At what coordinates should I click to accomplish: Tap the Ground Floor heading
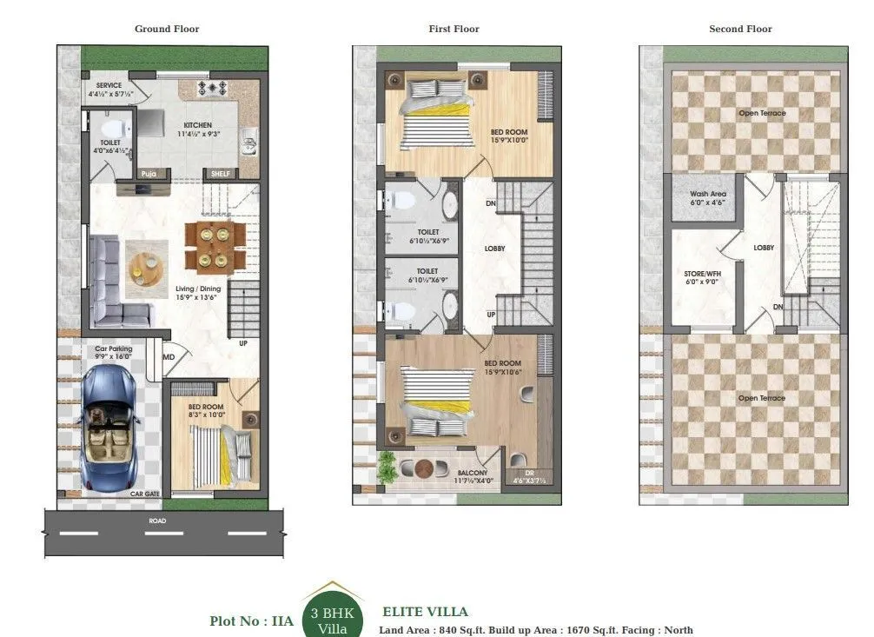point(167,29)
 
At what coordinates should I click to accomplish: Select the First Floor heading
point(454,29)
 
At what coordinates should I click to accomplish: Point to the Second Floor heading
point(740,29)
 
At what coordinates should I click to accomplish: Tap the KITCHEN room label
point(197,125)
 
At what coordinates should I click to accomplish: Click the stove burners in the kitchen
point(212,88)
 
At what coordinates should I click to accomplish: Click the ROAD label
point(156,521)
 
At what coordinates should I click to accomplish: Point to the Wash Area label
point(707,194)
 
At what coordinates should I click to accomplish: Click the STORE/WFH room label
point(701,274)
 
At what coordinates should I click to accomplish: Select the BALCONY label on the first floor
point(474,474)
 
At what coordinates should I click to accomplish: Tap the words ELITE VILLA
point(425,612)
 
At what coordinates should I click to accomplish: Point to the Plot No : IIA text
point(251,620)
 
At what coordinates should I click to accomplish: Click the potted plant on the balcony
point(387,468)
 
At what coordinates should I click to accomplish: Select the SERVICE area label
point(109,85)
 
